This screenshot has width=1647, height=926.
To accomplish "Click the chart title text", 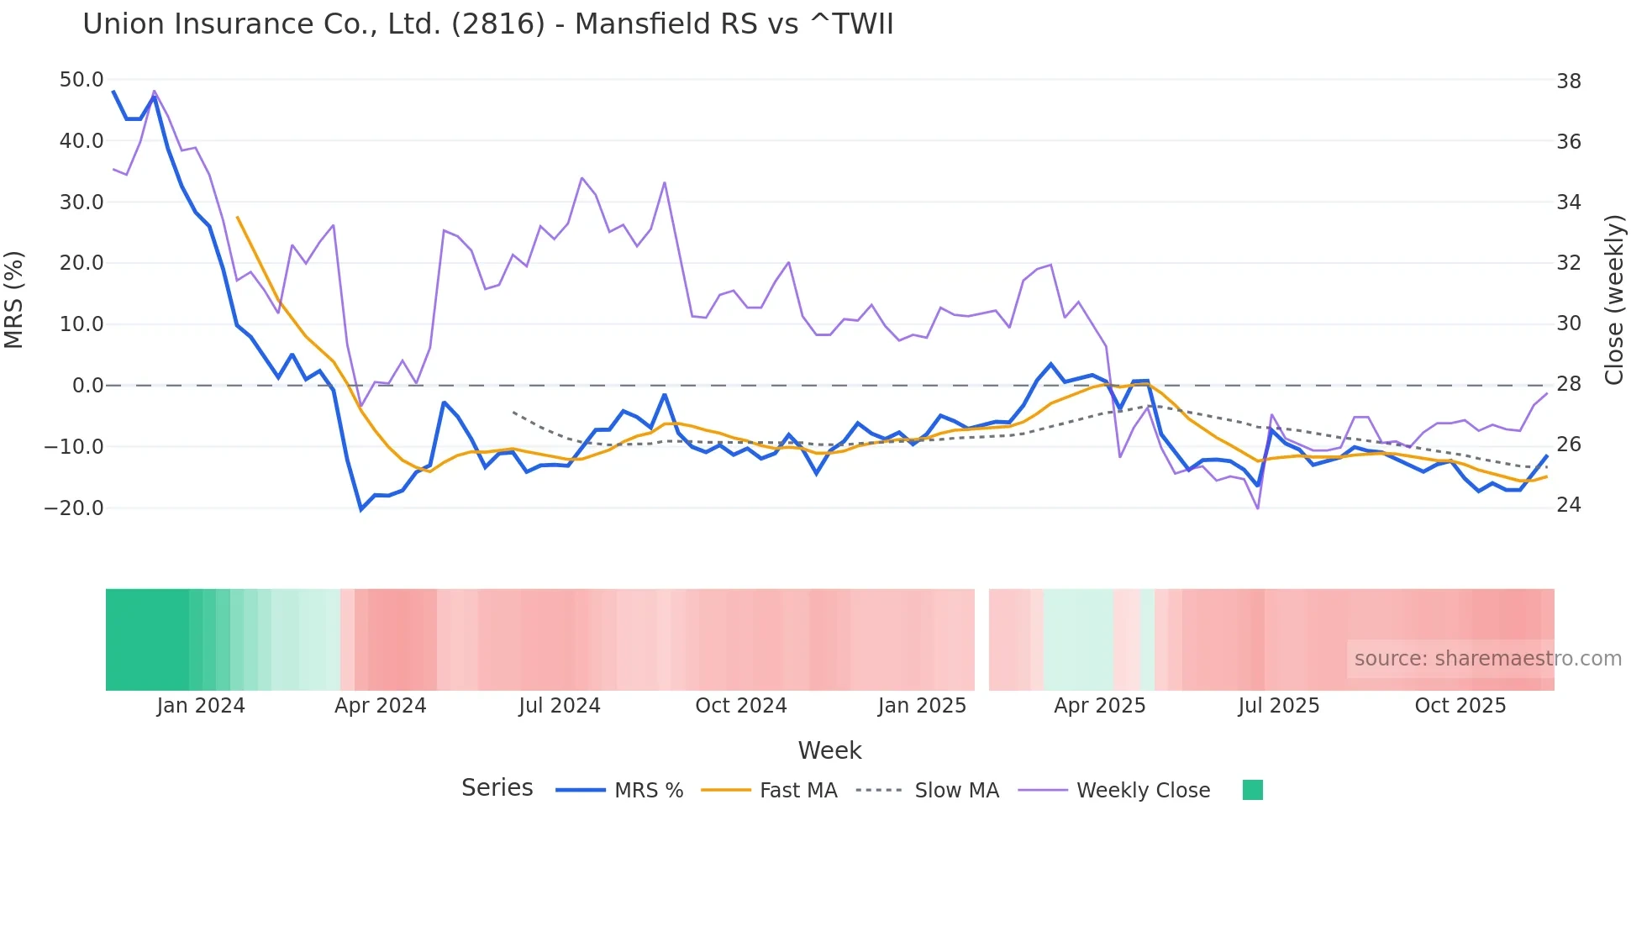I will tap(487, 24).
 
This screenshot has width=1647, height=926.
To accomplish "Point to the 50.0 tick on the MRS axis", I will tap(82, 80).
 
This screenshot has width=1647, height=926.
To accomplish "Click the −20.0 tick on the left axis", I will tap(74, 508).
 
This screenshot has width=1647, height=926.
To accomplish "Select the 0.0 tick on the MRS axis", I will tap(87, 386).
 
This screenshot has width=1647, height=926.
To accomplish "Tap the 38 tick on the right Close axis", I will tap(1568, 82).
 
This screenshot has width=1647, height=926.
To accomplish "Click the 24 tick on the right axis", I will tap(1568, 505).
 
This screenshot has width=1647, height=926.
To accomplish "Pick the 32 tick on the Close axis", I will tap(1568, 263).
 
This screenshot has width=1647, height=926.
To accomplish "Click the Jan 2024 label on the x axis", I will tap(200, 706).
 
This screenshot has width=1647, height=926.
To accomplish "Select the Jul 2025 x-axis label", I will tap(1278, 706).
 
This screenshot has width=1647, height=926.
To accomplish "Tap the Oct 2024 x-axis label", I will tap(740, 706).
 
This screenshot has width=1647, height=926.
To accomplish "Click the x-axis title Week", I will tap(829, 750).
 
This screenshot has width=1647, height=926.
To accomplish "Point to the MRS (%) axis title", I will tap(14, 299).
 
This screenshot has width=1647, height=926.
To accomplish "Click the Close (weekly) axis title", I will tap(1614, 299).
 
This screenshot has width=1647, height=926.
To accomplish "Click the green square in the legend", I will tap(1252, 790).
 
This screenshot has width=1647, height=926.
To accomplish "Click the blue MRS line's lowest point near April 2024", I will tap(361, 509).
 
